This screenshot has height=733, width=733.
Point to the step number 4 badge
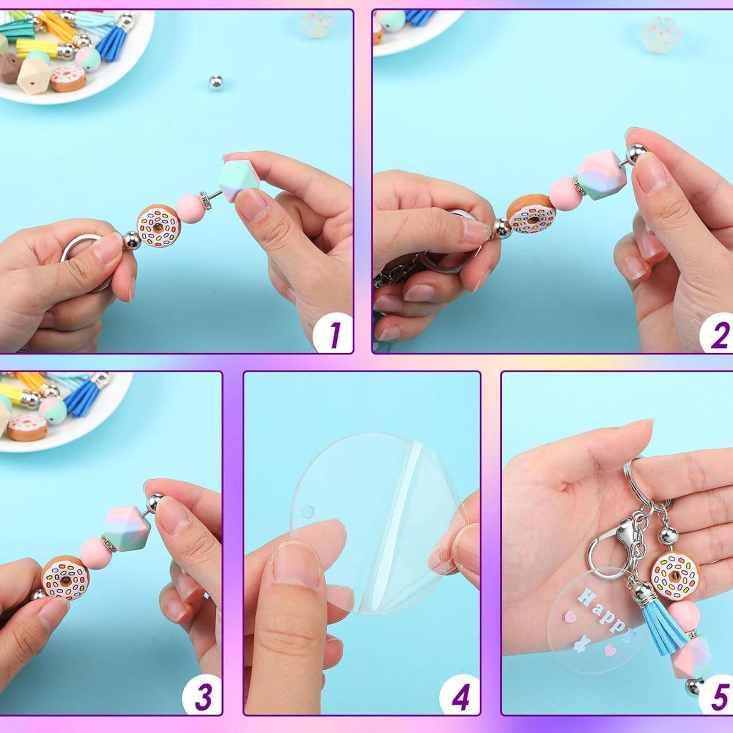coord(460,695)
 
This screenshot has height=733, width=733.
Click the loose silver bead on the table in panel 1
coord(215,82)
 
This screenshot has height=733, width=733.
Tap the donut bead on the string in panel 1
coord(158,225)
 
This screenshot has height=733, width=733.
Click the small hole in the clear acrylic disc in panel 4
coord(310,510)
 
